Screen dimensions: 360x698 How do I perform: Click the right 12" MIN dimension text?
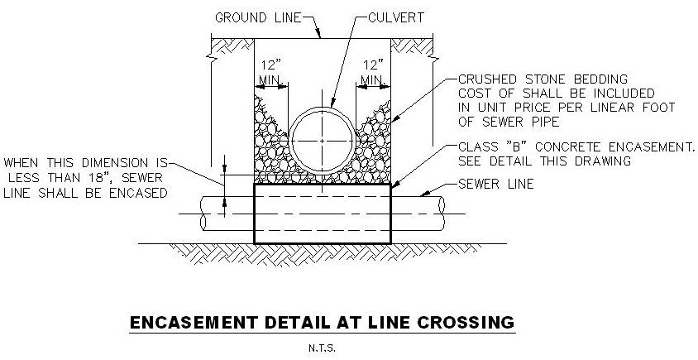click(374, 71)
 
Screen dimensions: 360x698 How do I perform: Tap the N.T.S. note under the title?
click(323, 348)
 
